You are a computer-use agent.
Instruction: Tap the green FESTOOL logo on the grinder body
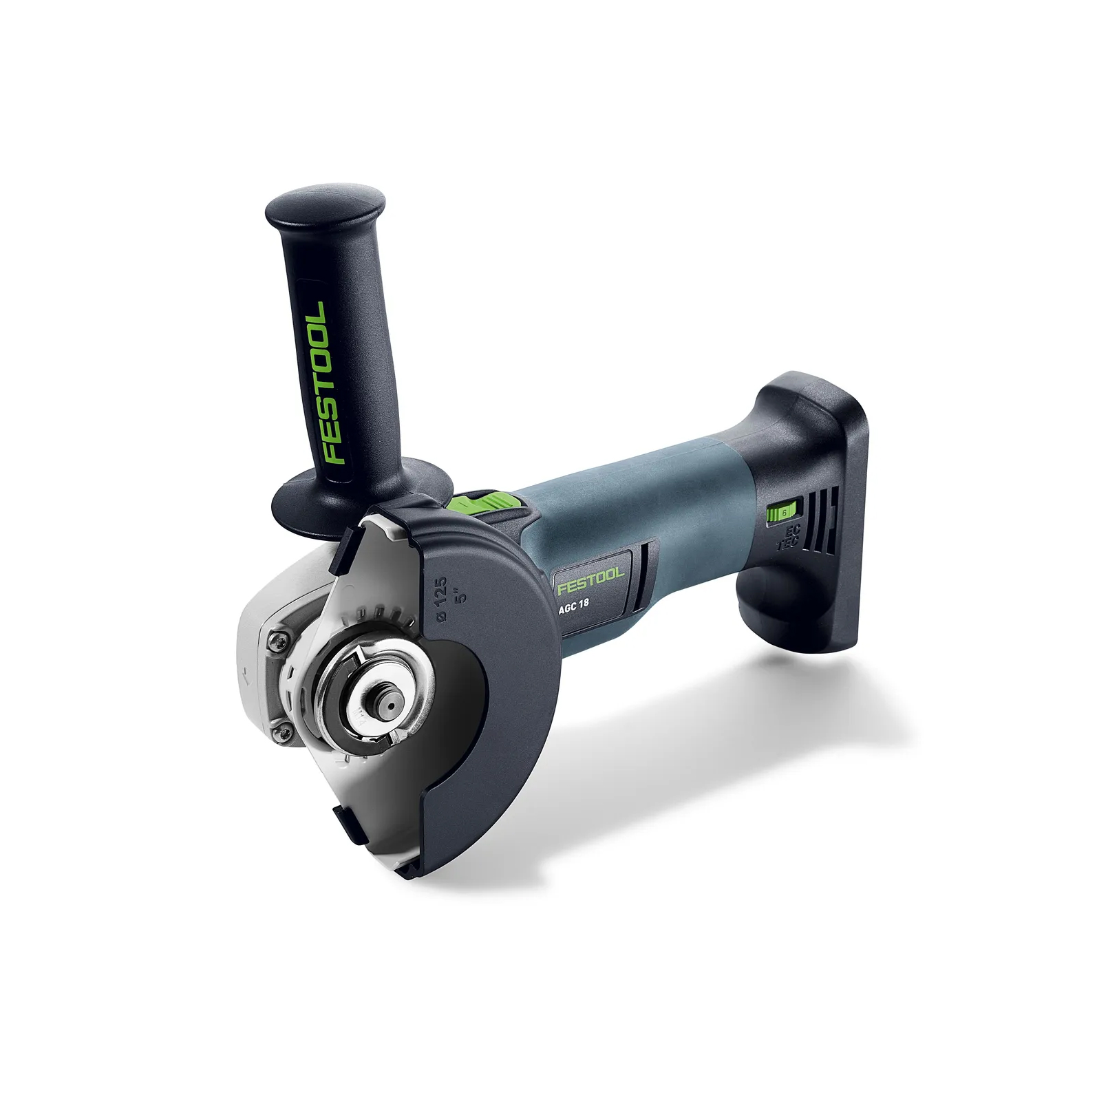click(590, 580)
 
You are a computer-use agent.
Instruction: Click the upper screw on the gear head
click(278, 641)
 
